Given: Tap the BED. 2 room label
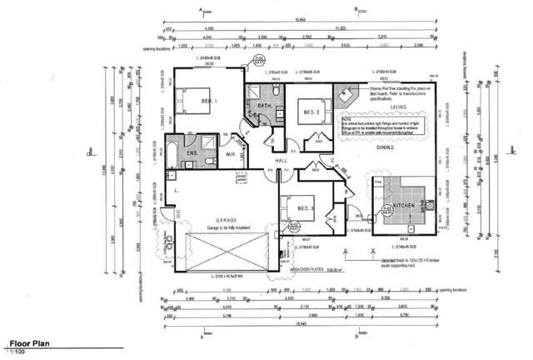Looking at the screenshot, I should pyautogui.click(x=311, y=112).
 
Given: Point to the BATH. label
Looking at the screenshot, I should pyautogui.click(x=266, y=107).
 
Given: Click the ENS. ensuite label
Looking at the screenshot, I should pyautogui.click(x=191, y=154).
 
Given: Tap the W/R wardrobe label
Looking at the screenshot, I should pyautogui.click(x=229, y=154).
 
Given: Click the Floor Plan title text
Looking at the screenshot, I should pyautogui.click(x=32, y=342).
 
